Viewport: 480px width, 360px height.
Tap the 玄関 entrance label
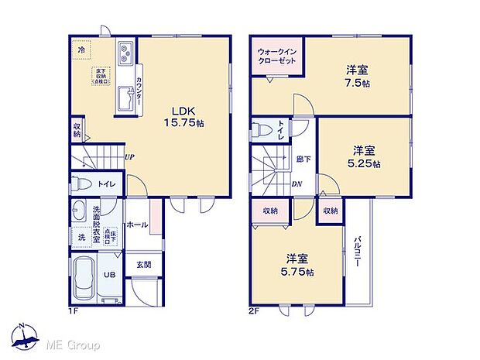click(x=144, y=265)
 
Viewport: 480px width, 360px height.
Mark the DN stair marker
click(x=297, y=184)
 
